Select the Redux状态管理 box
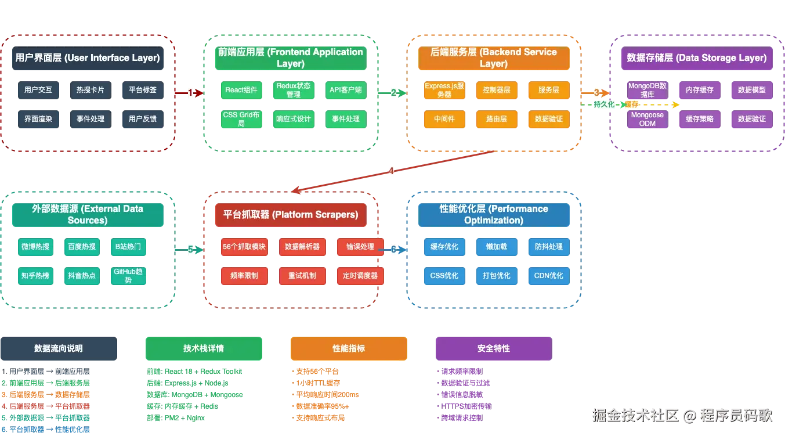pyautogui.click(x=294, y=90)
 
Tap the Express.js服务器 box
pyautogui.click(x=444, y=90)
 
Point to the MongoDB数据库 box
pyautogui.click(x=647, y=90)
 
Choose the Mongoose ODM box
pyautogui.click(x=647, y=119)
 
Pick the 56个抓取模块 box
pyautogui.click(x=244, y=247)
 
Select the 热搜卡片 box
pyautogui.click(x=90, y=90)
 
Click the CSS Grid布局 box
pyautogui.click(x=241, y=119)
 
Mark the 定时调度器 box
pyautogui.click(x=360, y=276)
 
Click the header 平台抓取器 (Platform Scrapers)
pyautogui.click(x=291, y=215)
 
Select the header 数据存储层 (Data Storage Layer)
pyautogui.click(x=697, y=58)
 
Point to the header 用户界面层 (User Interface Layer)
pyautogui.click(x=88, y=58)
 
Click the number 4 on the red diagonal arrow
pyautogui.click(x=391, y=171)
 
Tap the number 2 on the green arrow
pyautogui.click(x=393, y=93)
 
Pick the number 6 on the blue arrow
pyautogui.click(x=393, y=250)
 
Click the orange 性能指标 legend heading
pyautogui.click(x=349, y=348)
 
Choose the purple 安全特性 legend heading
pyautogui.click(x=493, y=348)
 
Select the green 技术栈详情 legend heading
pyautogui.click(x=204, y=348)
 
